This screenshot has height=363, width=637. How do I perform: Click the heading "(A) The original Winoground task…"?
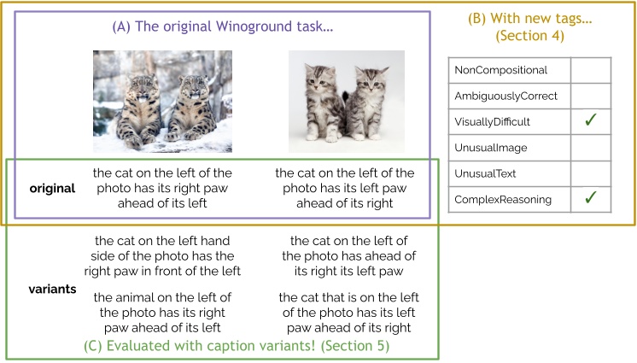[x=223, y=27]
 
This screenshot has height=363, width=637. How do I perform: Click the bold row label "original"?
[x=51, y=188]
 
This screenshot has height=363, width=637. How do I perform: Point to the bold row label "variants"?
[x=52, y=290]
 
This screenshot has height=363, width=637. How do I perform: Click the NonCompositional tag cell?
[x=501, y=70]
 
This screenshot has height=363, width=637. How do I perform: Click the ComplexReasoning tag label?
[x=504, y=200]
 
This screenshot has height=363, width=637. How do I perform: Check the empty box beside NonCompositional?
[x=590, y=70]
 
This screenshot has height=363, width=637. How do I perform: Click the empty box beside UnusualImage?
[x=590, y=148]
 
